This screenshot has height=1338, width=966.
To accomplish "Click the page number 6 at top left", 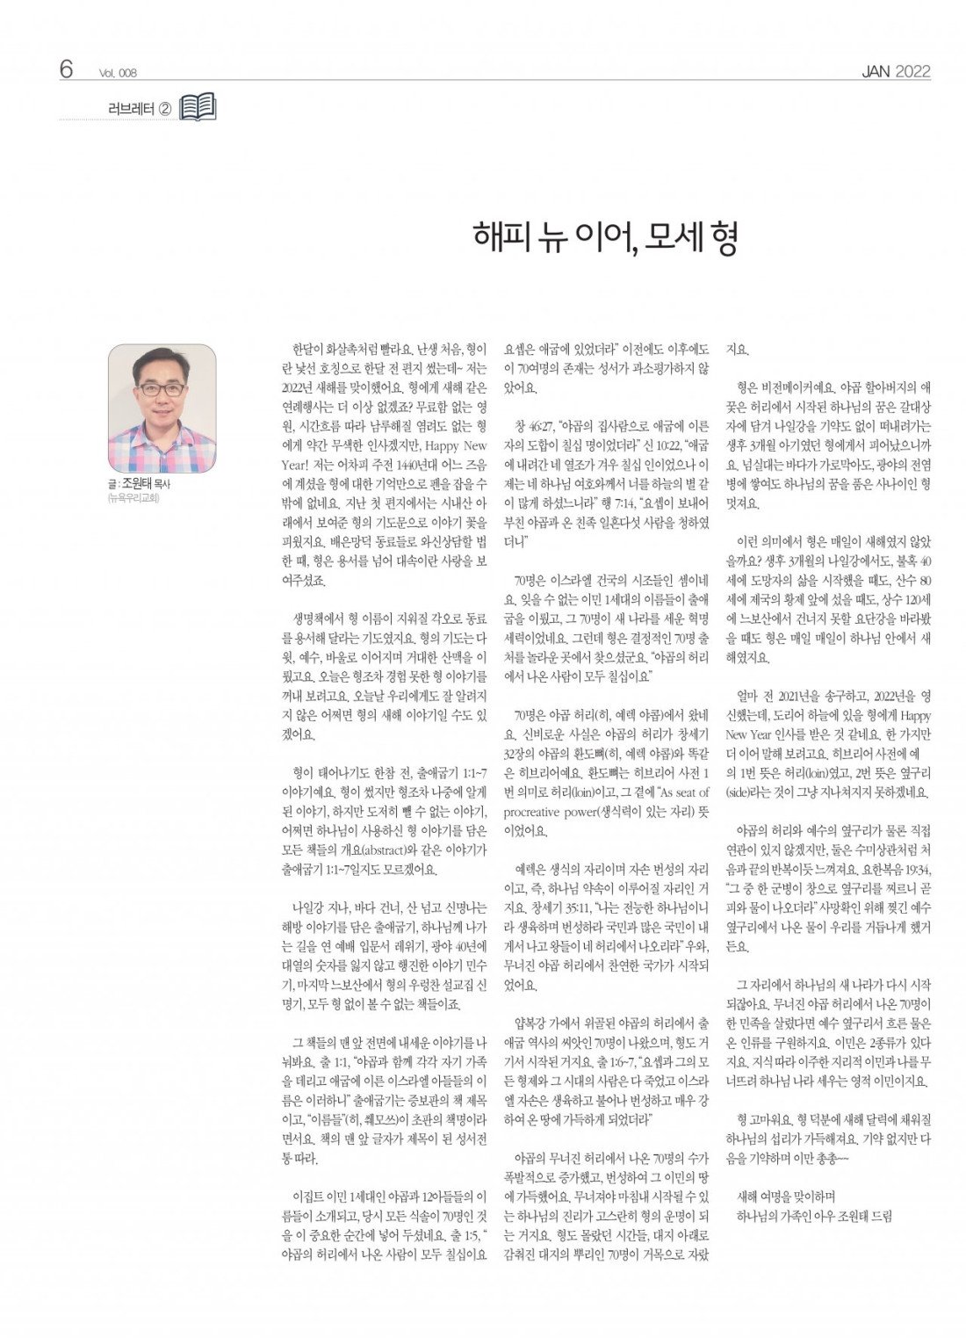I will pyautogui.click(x=66, y=69).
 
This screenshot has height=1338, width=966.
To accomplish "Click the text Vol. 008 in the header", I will pyautogui.click(x=119, y=74).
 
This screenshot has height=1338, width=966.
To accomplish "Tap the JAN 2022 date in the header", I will pyautogui.click(x=895, y=72).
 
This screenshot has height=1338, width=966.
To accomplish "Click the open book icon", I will pyautogui.click(x=198, y=108).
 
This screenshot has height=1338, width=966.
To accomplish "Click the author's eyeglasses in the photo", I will pyautogui.click(x=162, y=388).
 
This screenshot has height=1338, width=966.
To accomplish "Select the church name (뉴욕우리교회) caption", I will pyautogui.click(x=133, y=498).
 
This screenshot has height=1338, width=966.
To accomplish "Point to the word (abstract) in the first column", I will pyautogui.click(x=382, y=850).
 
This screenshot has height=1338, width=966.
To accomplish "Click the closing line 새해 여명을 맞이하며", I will pyautogui.click(x=785, y=1197).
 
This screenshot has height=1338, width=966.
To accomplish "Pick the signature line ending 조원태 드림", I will pyautogui.click(x=813, y=1216).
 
